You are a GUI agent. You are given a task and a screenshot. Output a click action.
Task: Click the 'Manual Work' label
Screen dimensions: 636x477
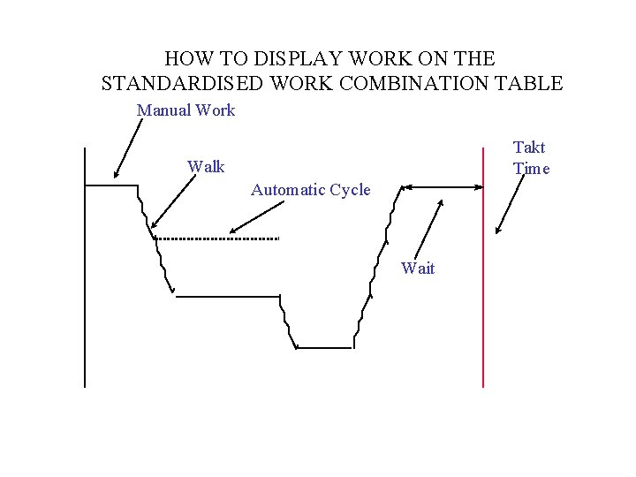tap(185, 110)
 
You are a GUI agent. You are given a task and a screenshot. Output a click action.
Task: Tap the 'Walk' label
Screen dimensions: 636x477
tap(206, 167)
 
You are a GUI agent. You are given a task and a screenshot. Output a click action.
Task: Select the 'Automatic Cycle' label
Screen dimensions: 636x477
tap(310, 190)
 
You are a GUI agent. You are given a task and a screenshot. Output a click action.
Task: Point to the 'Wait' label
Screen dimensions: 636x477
tap(418, 268)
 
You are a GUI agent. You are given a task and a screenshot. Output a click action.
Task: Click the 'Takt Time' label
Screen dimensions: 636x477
tap(531, 158)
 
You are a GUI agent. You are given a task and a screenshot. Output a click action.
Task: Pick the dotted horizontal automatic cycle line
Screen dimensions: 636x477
tap(217, 238)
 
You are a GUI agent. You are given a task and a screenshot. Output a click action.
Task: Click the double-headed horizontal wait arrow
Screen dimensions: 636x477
tap(442, 186)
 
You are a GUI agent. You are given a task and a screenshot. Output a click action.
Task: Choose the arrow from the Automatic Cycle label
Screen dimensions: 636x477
tap(256, 218)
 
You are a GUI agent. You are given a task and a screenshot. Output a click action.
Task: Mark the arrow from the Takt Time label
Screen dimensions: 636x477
tap(511, 203)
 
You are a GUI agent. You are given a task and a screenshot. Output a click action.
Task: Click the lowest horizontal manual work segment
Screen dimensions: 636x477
tap(323, 348)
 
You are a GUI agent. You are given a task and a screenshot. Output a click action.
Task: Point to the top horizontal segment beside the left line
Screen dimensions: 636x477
tap(111, 185)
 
